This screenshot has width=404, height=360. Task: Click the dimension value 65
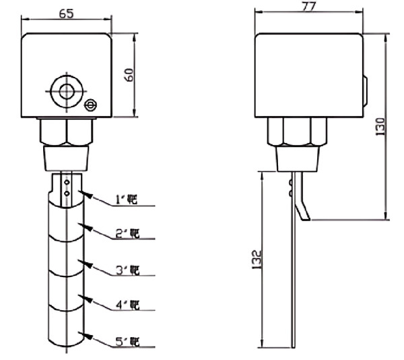click(67, 12)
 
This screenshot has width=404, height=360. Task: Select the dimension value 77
click(308, 7)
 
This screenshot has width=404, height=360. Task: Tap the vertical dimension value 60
click(129, 75)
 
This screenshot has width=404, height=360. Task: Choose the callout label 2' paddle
click(127, 233)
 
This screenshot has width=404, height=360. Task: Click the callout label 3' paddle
click(127, 270)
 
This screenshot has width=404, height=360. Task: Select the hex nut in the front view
click(67, 131)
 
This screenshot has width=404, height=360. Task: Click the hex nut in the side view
click(296, 131)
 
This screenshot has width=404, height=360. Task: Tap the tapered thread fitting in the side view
click(296, 158)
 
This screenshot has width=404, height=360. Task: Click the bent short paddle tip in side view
click(302, 202)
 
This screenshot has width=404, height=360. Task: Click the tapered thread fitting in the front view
click(67, 158)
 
